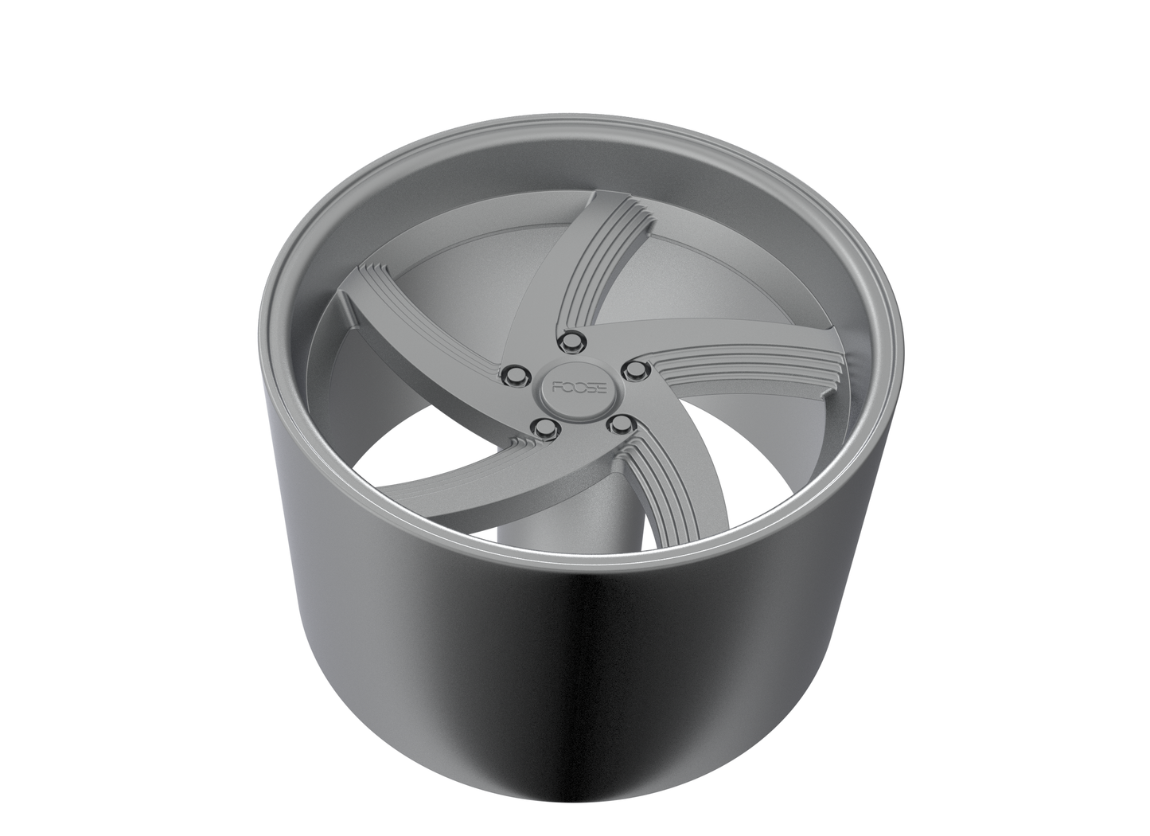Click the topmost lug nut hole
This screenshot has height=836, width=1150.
[569, 342]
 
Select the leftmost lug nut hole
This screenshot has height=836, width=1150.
[515, 375]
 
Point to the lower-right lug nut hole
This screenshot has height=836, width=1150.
[618, 425]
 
